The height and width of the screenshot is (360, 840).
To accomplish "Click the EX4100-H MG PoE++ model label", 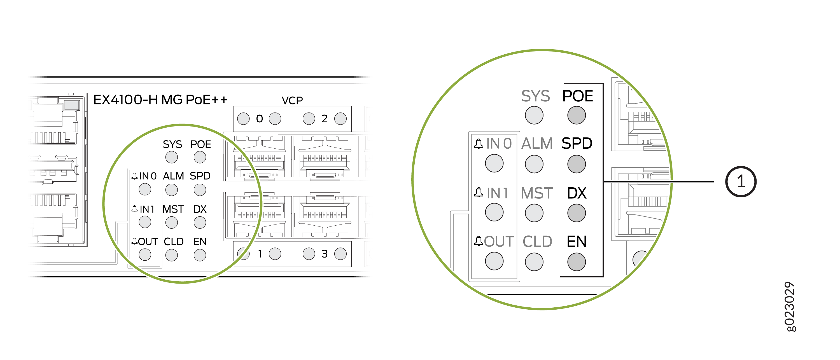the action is point(160,100).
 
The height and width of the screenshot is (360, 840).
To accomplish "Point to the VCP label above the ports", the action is point(292,100).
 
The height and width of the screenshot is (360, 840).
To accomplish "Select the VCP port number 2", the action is point(324,119).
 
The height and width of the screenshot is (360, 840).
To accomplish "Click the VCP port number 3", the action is point(324,254).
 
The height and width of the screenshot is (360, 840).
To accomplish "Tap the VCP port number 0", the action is point(259,119).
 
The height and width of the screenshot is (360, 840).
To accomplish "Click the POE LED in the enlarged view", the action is point(576,115).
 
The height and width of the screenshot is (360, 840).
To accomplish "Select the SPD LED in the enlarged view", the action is point(576,164).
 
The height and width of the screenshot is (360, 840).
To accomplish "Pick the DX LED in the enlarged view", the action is point(576,213).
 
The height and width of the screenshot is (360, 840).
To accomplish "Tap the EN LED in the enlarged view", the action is point(576,262).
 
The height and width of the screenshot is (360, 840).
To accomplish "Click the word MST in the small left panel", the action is point(173,209).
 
